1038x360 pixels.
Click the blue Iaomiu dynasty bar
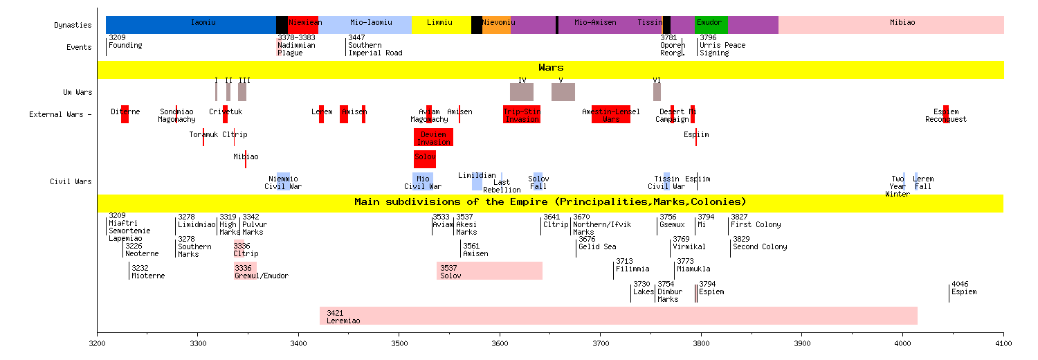coord(190,24)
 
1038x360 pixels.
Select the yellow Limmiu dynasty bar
coord(441,24)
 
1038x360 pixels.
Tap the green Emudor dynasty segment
coord(711,24)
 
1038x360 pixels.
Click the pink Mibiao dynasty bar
coord(891,24)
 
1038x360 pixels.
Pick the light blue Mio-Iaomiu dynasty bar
coord(365,24)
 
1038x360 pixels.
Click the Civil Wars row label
coord(71,182)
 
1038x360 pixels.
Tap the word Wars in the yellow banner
coord(551,68)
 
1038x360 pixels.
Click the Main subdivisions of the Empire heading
coord(550,202)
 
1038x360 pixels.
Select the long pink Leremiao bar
coord(618,316)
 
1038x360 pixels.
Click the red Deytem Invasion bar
coord(433,137)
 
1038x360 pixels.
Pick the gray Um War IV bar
coord(522,92)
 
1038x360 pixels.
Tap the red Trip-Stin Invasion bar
coord(522,114)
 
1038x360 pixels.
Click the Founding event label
coord(125,46)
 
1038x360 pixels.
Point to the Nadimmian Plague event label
coord(296,49)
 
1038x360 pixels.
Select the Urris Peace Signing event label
coord(722,49)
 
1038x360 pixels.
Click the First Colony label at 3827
coord(756,225)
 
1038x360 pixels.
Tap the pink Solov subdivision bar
coord(489,271)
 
